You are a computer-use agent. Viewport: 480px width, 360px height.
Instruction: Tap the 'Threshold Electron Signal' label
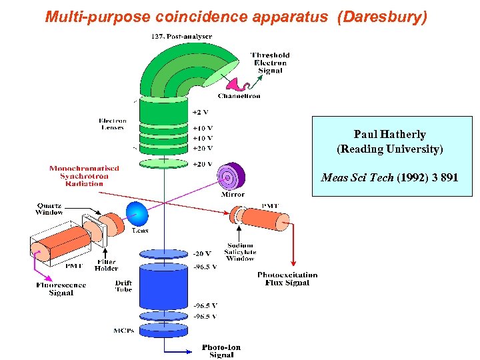[270, 63]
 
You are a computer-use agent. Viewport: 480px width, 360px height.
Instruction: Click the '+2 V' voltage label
[201, 111]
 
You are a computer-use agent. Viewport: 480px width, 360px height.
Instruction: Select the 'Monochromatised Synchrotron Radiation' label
[84, 176]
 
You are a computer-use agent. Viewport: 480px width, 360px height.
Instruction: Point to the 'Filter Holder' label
[106, 266]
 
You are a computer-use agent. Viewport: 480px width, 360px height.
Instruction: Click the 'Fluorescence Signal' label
[61, 289]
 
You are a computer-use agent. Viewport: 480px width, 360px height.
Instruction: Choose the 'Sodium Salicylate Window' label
[240, 252]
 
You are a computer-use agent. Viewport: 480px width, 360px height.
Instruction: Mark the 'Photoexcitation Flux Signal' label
[287, 278]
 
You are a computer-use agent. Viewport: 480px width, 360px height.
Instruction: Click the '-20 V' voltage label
[202, 253]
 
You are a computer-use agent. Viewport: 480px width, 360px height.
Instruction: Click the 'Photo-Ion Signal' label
[221, 351]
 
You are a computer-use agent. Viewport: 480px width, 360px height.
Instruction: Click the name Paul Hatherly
[389, 135]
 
